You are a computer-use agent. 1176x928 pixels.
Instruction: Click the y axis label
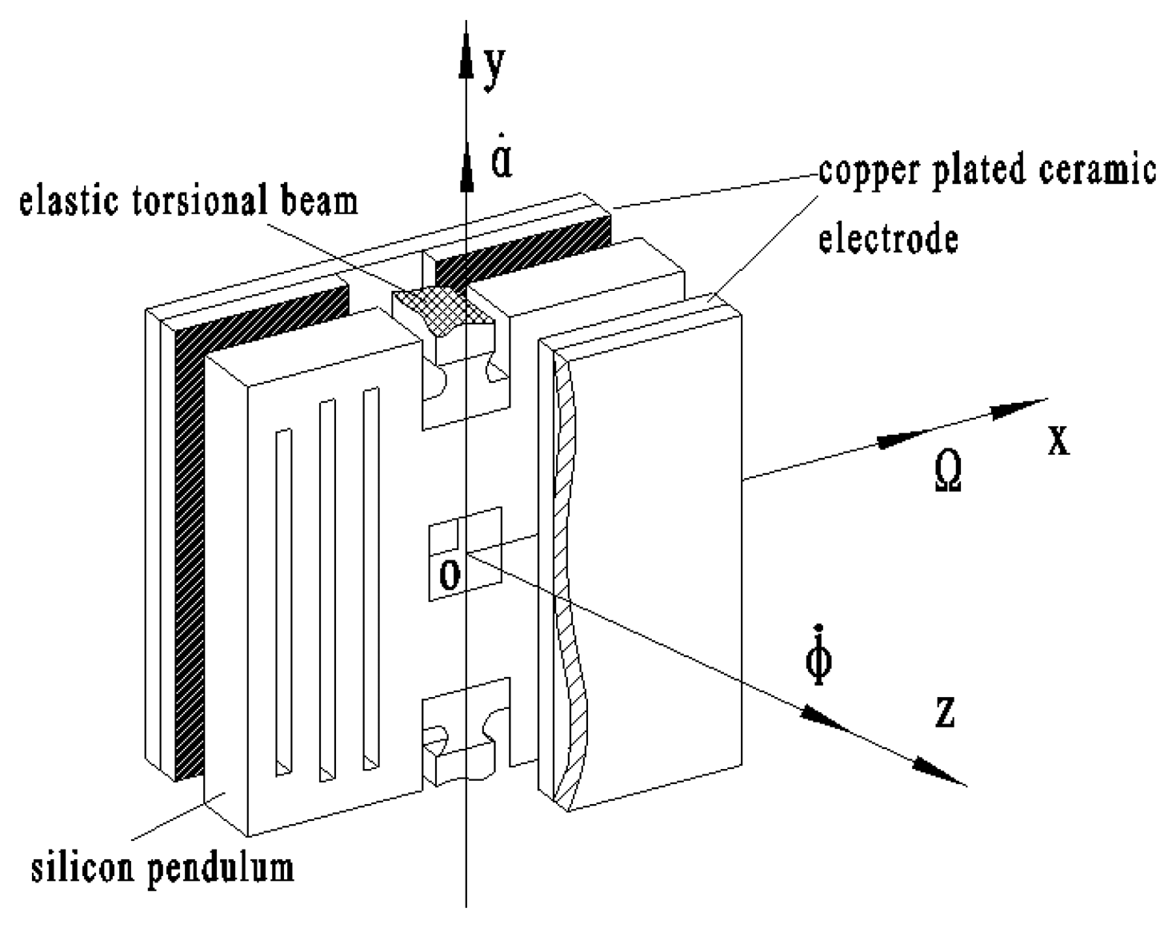coord(495,67)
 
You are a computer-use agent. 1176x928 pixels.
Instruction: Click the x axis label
coord(1058,440)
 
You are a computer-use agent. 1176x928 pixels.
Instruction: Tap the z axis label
coord(945,711)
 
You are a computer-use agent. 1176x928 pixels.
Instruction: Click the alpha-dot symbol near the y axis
coord(502,160)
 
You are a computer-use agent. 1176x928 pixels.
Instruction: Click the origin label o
coord(450,573)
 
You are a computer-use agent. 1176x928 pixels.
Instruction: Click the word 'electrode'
coord(888,238)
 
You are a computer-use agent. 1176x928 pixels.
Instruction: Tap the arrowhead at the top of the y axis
coord(465,56)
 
